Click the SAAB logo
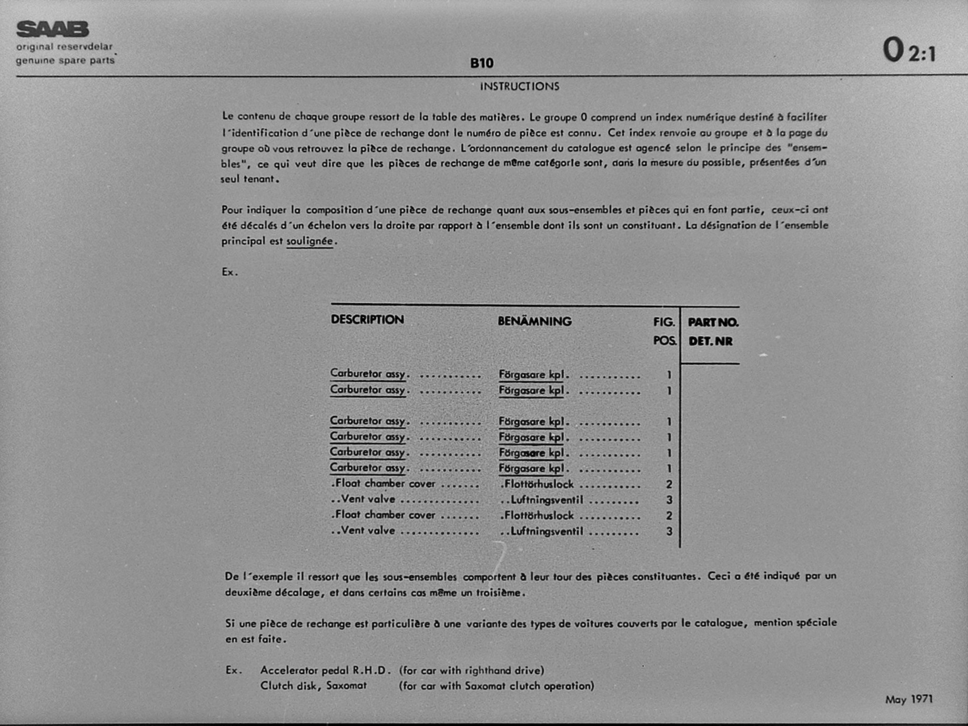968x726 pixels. [52, 29]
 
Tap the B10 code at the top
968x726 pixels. [481, 64]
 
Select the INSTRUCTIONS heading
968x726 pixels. [519, 86]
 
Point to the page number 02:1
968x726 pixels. [909, 51]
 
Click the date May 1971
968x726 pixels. [909, 699]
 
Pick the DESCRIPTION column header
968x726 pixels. [367, 320]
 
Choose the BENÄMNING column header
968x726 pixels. [535, 321]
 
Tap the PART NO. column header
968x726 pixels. [713, 322]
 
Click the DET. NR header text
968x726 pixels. [710, 341]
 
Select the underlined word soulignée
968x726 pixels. [309, 241]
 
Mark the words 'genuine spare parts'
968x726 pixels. [65, 60]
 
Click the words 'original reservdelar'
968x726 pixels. [64, 47]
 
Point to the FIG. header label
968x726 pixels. [664, 322]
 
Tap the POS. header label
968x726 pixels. [664, 341]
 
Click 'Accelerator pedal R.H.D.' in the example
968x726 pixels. [326, 670]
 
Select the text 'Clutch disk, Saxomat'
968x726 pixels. [313, 686]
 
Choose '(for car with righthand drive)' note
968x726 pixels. [471, 670]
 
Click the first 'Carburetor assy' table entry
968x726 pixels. [368, 374]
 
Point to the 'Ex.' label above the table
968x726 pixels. [229, 272]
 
